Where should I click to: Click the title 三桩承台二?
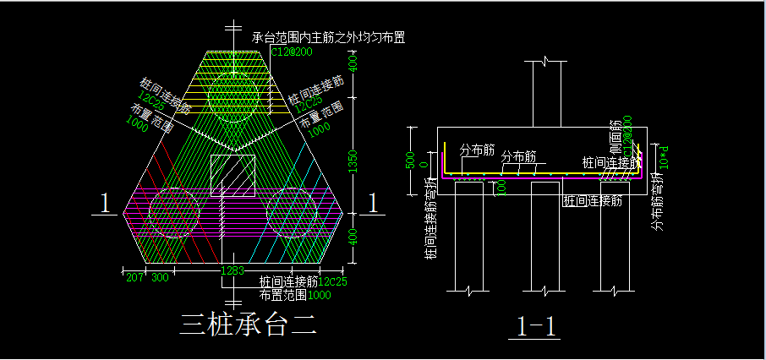click(x=248, y=325)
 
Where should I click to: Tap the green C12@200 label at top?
click(x=292, y=52)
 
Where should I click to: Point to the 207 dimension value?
click(x=134, y=276)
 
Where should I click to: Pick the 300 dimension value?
click(x=159, y=276)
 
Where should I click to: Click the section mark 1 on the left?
click(x=105, y=204)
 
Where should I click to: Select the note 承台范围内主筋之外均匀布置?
click(x=328, y=38)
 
